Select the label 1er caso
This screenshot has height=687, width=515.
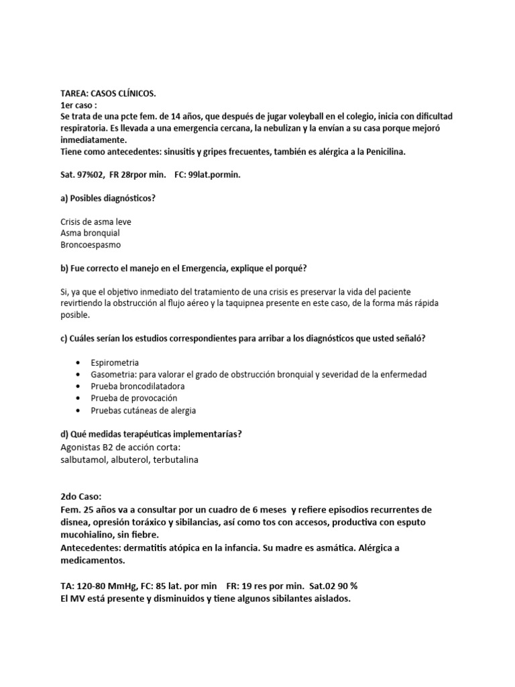click(x=78, y=105)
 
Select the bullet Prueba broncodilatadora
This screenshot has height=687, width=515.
click(x=137, y=386)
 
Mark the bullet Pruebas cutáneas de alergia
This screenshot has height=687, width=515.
click(x=143, y=411)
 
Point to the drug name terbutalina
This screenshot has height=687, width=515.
click(x=175, y=460)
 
